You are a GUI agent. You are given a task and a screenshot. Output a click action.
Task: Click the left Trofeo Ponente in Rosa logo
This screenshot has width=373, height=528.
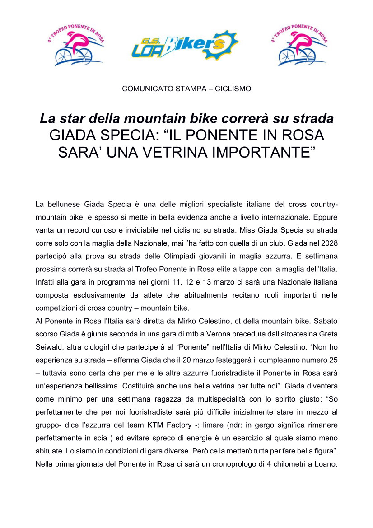tap(76, 45)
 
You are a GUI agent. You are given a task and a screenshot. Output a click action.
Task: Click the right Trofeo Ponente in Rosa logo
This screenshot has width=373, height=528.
tap(299, 45)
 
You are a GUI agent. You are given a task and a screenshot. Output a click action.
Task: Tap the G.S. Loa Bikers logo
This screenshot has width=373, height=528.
tap(185, 45)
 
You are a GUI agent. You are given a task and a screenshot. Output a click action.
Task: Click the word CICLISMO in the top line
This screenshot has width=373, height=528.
tap(233, 89)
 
